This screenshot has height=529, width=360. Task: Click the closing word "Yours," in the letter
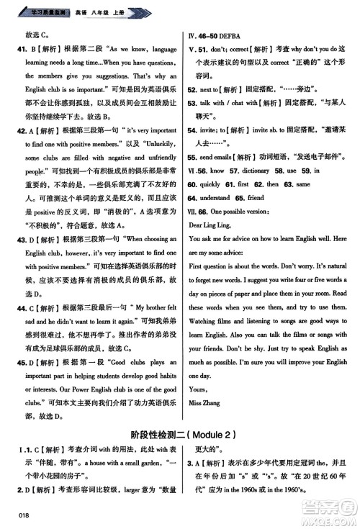point(197,389)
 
